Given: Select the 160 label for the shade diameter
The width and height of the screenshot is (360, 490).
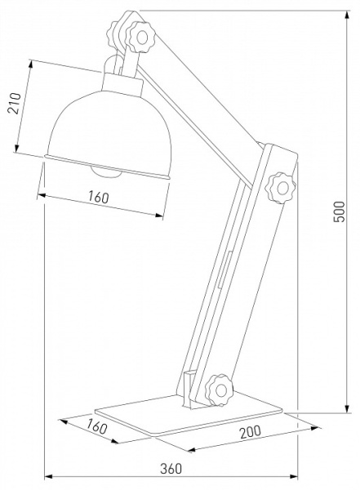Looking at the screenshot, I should (x=99, y=197).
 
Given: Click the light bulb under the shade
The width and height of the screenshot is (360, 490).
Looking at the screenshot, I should (x=104, y=171).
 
